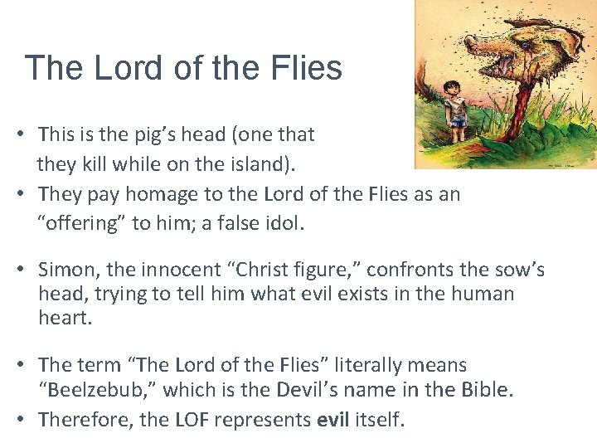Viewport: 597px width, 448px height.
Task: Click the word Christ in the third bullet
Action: click(266, 270)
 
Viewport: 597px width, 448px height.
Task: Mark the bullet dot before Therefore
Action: click(27, 419)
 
